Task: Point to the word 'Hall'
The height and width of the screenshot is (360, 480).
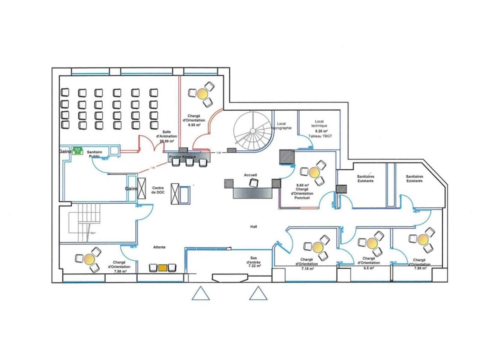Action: coord(254,226)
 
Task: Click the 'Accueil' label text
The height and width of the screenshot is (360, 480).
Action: coord(250,175)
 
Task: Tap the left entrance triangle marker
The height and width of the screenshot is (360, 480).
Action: coord(200,294)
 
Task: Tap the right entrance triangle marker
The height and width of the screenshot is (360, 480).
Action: coord(258,294)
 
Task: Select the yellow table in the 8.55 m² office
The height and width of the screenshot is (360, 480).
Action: coord(203,93)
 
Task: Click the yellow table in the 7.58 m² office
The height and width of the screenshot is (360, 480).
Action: coord(90,258)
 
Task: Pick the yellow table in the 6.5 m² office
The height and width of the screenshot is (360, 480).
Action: coord(372,243)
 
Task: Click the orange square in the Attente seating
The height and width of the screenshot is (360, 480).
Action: coord(163,268)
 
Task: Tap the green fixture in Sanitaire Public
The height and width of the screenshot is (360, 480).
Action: coord(78,150)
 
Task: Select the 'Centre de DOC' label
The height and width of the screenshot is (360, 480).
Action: coord(158,190)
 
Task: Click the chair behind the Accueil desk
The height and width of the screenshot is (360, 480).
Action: coord(254,183)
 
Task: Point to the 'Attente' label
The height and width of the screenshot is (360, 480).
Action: coord(159,247)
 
